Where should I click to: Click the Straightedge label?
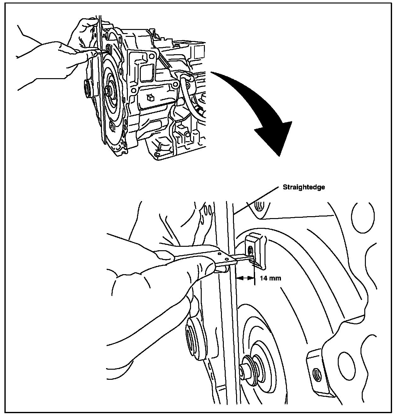point(304,187)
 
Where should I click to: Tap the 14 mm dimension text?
point(270,278)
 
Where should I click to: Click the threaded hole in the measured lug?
point(251,251)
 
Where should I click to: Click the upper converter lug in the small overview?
point(108,49)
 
